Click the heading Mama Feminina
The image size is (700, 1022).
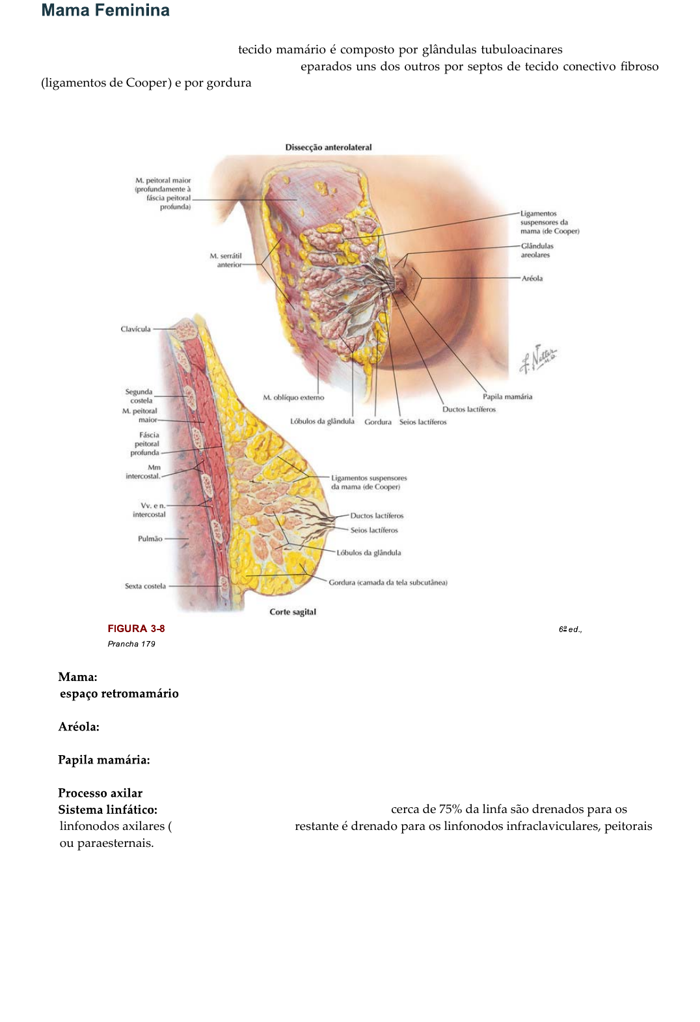pyautogui.click(x=105, y=10)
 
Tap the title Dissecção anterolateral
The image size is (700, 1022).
pyautogui.click(x=329, y=147)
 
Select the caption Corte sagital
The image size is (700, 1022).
pyautogui.click(x=293, y=612)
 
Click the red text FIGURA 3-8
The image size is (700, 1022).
pyautogui.click(x=136, y=628)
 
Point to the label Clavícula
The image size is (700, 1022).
pyautogui.click(x=135, y=329)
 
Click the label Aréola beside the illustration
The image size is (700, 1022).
pyautogui.click(x=532, y=279)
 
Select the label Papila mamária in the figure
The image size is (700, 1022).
pyautogui.click(x=507, y=396)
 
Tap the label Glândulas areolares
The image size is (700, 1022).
pyautogui.click(x=537, y=251)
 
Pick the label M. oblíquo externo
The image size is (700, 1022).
pyautogui.click(x=293, y=397)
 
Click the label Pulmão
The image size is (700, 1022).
pyautogui.click(x=150, y=539)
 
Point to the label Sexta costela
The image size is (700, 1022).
pyautogui.click(x=145, y=586)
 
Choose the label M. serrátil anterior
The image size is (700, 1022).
pyautogui.click(x=226, y=260)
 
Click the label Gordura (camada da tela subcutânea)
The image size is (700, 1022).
pyautogui.click(x=388, y=583)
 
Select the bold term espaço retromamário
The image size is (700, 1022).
pyautogui.click(x=119, y=693)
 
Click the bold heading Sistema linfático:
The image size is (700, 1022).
pyautogui.click(x=108, y=810)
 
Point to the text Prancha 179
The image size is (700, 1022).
pyautogui.click(x=131, y=644)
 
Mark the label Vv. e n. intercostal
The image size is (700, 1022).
pyautogui.click(x=150, y=510)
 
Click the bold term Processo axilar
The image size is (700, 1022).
pyautogui.click(x=100, y=793)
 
